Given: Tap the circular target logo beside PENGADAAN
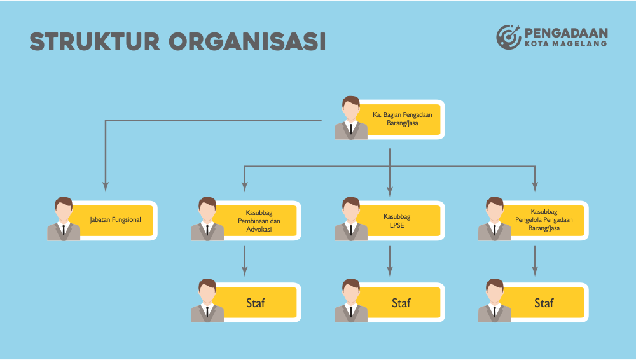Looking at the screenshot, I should (508, 36).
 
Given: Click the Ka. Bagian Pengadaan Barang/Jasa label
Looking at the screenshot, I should (402, 119).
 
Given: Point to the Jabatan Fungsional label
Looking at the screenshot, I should (115, 220).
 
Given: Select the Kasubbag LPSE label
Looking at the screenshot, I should (401, 221).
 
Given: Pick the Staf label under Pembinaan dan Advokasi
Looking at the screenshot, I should (256, 303).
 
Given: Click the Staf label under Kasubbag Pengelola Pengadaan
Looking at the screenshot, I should (544, 303).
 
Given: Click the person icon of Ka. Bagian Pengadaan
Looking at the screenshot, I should (350, 118).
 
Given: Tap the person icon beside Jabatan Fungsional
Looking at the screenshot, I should (63, 219).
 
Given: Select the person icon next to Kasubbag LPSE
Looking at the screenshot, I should (350, 219).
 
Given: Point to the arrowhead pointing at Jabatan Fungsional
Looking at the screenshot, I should (106, 187).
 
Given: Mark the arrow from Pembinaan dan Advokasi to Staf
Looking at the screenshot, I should (245, 260).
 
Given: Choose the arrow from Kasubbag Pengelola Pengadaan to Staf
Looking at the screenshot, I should (534, 260).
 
